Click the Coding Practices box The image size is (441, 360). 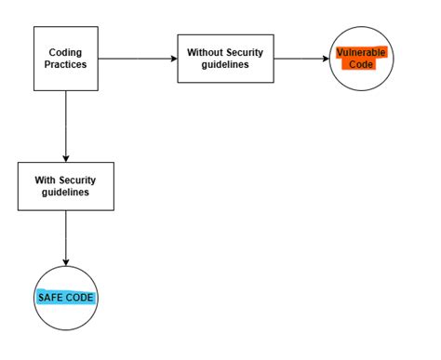tap(66, 59)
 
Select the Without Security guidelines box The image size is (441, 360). tap(225, 59)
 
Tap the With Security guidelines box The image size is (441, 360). tap(66, 185)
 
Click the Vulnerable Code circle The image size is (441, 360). tap(361, 59)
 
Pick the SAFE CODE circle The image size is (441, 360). tap(66, 299)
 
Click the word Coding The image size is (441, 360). tap(66, 52)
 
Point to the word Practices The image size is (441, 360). tap(66, 65)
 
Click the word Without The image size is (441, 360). tap(206, 52)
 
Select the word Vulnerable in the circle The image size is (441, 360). tap(361, 52)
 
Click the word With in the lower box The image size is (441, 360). tap(42, 178)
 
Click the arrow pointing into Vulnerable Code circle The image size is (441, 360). tap(301, 59)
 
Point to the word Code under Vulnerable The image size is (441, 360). tap(361, 65)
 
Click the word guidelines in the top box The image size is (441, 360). tap(225, 65)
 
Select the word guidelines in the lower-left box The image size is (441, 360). tap(66, 192)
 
